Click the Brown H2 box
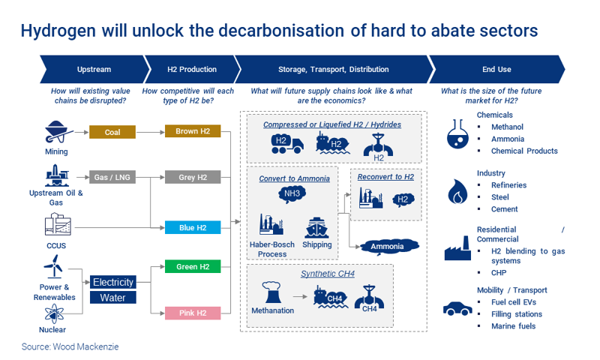click(193, 132)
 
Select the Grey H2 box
click(193, 178)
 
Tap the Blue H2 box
click(193, 227)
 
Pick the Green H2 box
click(193, 267)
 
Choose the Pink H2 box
click(193, 313)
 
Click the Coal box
click(112, 133)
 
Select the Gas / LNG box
click(112, 178)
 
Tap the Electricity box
click(113, 283)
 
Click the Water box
click(113, 298)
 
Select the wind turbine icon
click(52, 266)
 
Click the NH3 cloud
click(291, 194)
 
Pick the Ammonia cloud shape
click(387, 246)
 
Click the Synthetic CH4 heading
click(328, 274)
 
